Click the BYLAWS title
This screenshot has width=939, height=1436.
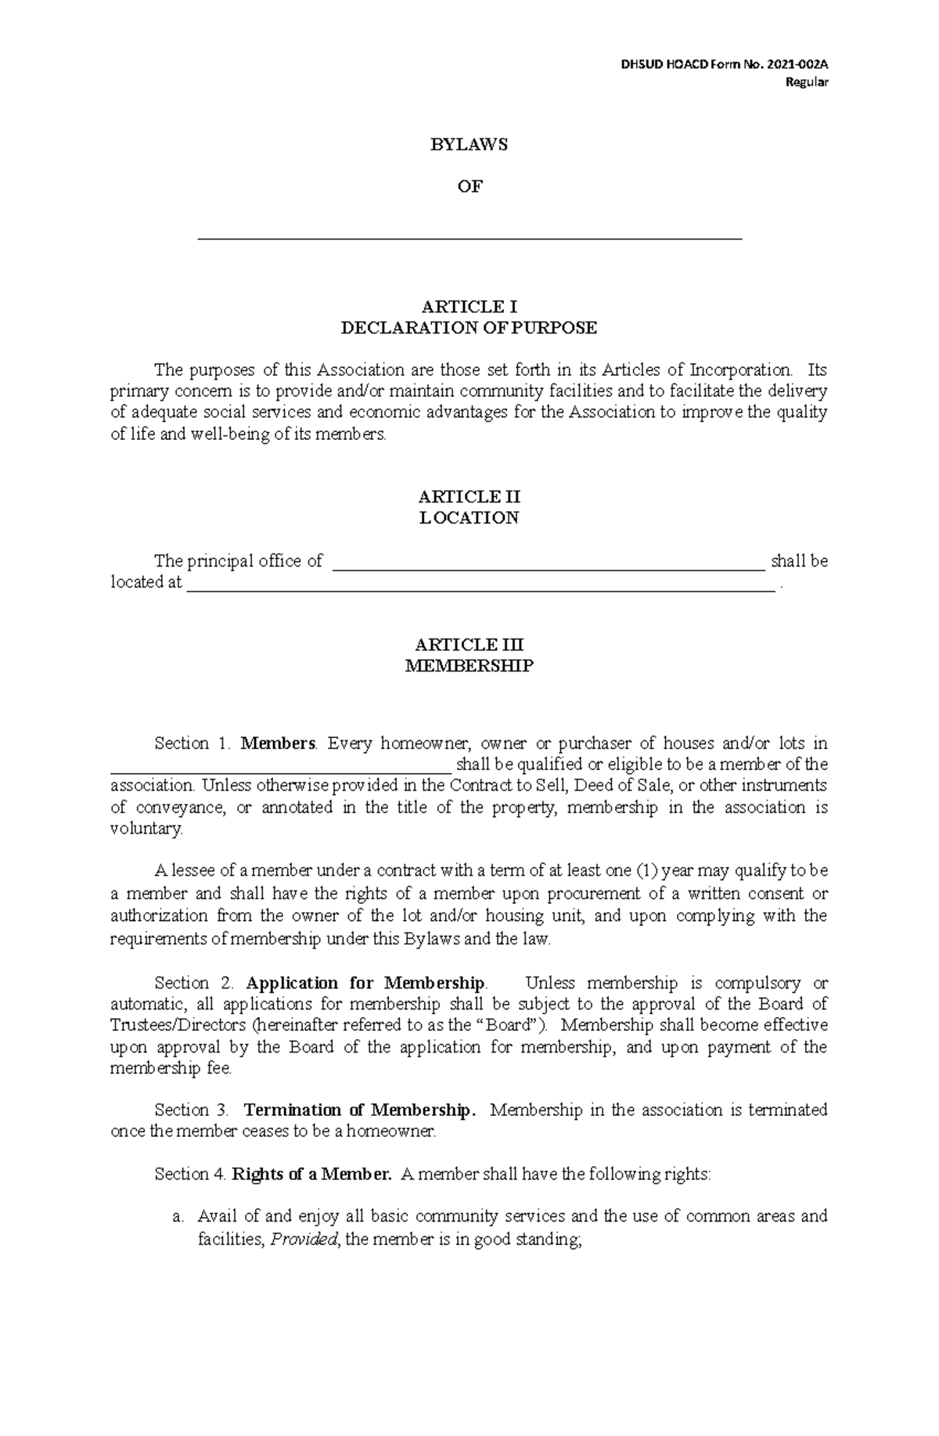(469, 145)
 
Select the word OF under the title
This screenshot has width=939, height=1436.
(469, 186)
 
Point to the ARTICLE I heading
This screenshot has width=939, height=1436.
(469, 306)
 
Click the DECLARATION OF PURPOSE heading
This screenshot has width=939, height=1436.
(469, 328)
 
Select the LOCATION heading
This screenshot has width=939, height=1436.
(469, 518)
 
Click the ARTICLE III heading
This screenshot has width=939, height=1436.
(469, 645)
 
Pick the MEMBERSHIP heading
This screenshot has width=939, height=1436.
(469, 666)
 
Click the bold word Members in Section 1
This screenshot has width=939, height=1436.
(278, 743)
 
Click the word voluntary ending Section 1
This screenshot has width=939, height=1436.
(146, 829)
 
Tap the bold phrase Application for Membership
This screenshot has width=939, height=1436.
(365, 983)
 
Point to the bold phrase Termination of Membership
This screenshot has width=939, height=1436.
(358, 1110)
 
